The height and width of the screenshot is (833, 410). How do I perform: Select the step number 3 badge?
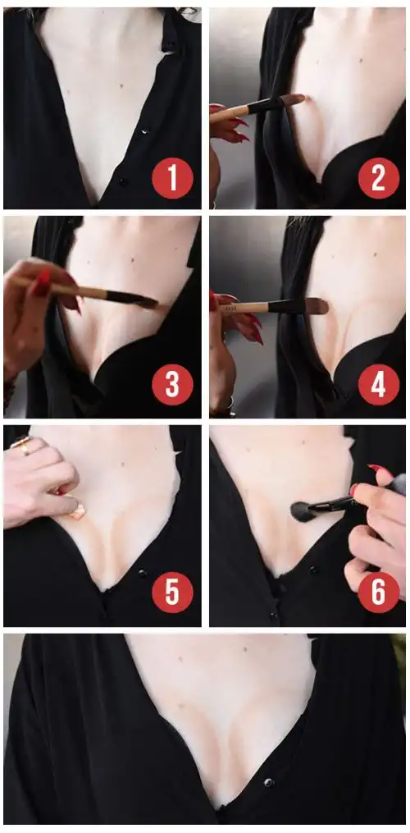tap(172, 384)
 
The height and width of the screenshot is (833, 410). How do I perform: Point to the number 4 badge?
tap(378, 384)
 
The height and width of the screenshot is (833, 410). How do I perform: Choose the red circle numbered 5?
tap(172, 593)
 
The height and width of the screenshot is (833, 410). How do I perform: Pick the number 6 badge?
tap(378, 593)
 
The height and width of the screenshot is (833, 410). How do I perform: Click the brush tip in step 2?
tap(294, 99)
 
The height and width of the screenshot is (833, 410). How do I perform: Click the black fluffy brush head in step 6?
tap(303, 511)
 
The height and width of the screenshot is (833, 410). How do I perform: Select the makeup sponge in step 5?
tap(78, 511)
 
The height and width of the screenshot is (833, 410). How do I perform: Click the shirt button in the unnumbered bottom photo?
tap(269, 782)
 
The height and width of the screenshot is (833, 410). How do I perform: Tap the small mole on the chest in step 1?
tap(122, 85)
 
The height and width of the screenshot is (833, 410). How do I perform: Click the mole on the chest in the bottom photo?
tap(244, 649)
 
